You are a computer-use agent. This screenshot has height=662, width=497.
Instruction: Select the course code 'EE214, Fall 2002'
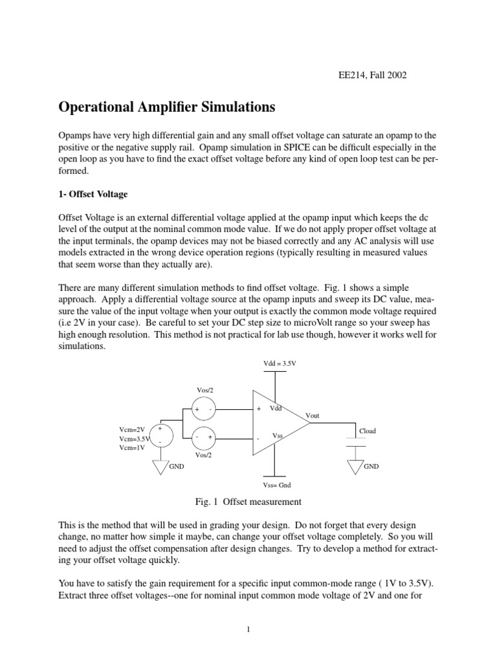pos(368,75)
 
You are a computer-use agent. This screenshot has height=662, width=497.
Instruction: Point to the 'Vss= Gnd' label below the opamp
pos(277,484)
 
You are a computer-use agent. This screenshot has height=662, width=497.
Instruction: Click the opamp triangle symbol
pos(278,423)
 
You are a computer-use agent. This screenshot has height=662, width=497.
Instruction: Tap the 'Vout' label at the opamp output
pos(313,416)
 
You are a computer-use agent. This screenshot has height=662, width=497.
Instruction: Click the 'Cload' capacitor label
pos(367,431)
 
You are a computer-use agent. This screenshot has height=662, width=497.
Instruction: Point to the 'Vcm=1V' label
pos(133,449)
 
